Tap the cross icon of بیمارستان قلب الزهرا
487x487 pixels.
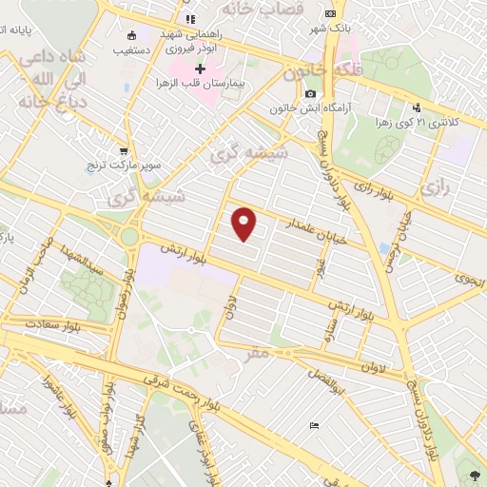tap(200, 69)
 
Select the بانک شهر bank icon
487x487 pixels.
tap(330, 13)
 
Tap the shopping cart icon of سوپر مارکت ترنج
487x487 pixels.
tap(124, 150)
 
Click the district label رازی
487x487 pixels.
tap(433, 187)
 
